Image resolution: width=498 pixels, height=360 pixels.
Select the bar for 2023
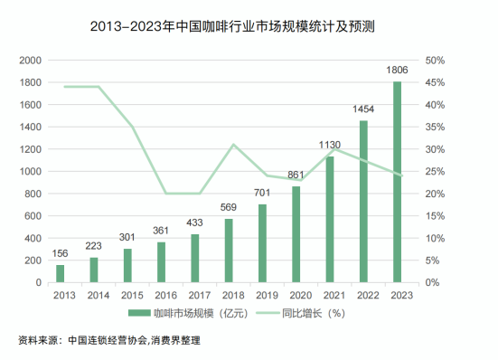click(x=397, y=182)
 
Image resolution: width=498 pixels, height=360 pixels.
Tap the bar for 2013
click(x=61, y=273)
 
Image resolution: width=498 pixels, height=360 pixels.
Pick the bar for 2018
click(x=229, y=251)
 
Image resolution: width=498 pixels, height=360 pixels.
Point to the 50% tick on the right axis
click(x=435, y=61)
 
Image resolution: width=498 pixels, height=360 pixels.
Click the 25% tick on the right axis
click(x=435, y=172)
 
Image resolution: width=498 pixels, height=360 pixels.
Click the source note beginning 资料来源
click(x=108, y=341)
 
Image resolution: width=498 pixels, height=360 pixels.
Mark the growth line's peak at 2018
click(x=233, y=145)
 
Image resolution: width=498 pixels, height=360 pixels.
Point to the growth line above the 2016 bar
click(x=165, y=193)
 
